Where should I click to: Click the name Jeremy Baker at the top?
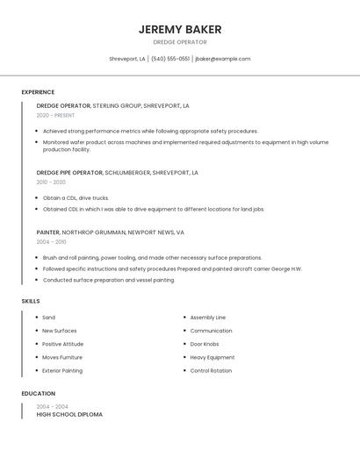click(180, 29)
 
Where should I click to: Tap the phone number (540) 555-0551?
click(170, 59)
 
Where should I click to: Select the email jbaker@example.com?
click(223, 59)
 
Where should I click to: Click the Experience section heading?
click(38, 92)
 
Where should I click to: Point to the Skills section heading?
click(31, 301)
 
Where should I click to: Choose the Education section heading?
click(38, 394)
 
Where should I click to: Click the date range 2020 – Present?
click(55, 115)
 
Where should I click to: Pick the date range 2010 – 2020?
click(51, 182)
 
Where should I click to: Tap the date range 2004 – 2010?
click(51, 242)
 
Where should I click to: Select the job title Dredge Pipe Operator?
click(69, 173)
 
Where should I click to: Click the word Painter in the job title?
click(47, 232)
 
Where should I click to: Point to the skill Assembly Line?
click(208, 318)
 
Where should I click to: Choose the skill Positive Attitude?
click(63, 344)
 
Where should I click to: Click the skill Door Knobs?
click(205, 344)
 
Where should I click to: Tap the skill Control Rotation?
click(211, 370)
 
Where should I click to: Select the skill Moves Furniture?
click(62, 357)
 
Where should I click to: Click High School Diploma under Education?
click(69, 414)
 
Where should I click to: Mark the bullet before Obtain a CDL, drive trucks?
click(38, 198)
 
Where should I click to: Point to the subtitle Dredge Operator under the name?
click(180, 42)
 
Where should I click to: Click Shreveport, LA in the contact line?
click(127, 59)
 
